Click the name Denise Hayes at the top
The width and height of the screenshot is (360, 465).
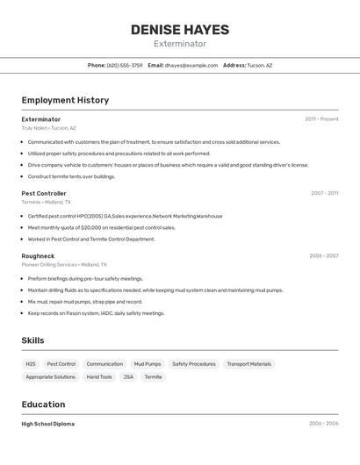[180, 30]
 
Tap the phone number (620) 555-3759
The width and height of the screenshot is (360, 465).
[125, 65]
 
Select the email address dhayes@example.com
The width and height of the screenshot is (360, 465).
[191, 65]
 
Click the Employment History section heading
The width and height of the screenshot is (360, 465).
[65, 100]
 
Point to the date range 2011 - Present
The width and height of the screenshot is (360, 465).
[321, 119]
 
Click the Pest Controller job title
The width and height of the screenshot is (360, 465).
[44, 193]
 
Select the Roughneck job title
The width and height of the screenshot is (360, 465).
[38, 256]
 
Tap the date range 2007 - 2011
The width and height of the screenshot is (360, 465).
[324, 193]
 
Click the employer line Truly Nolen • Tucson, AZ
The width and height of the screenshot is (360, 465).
[49, 128]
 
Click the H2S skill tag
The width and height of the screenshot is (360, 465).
[31, 364]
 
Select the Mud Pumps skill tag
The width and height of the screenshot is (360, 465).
[148, 364]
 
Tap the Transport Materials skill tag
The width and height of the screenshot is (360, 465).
[248, 364]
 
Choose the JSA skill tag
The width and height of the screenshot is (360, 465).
[128, 377]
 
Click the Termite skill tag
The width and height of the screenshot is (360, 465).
[154, 377]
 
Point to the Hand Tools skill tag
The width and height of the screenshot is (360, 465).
[99, 377]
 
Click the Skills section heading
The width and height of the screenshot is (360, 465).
[32, 340]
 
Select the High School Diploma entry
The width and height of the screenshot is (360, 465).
[48, 424]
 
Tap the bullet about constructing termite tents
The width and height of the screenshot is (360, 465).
[71, 176]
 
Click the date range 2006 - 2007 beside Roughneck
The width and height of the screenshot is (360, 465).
[323, 256]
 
